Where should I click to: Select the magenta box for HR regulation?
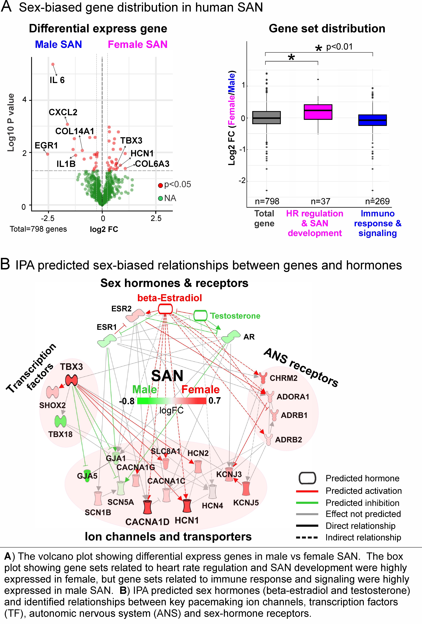(x=318, y=112)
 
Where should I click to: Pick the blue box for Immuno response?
(x=372, y=120)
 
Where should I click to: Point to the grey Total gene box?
(x=266, y=118)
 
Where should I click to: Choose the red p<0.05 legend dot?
(x=160, y=185)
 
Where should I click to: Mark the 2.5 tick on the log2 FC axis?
(x=156, y=218)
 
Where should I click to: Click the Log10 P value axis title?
(x=11, y=123)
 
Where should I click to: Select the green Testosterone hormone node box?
(x=200, y=315)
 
